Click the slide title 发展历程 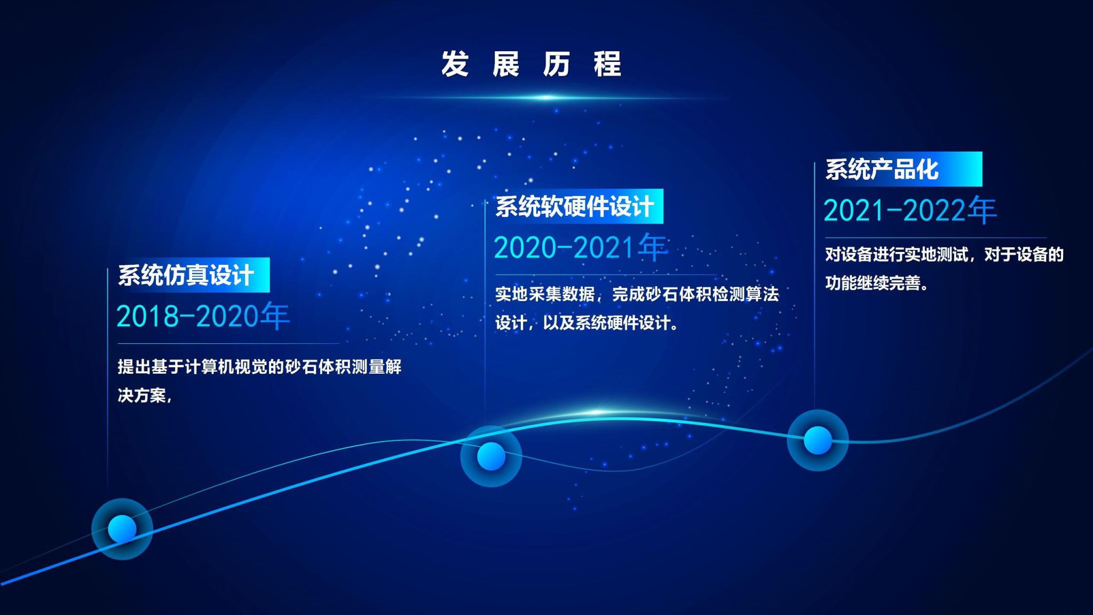click(x=531, y=64)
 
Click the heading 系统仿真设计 click(x=186, y=275)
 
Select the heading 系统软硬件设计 click(x=574, y=207)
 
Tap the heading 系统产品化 click(x=882, y=169)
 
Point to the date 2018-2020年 click(x=203, y=316)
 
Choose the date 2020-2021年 click(x=581, y=247)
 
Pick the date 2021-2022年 click(x=910, y=210)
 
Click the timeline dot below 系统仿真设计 click(x=122, y=529)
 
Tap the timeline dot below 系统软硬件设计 click(x=491, y=456)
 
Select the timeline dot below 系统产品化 click(x=818, y=440)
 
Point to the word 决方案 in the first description click(x=141, y=396)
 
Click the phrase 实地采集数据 click(x=545, y=294)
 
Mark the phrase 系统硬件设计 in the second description click(x=622, y=323)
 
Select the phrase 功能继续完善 click(x=873, y=283)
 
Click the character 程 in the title click(x=607, y=64)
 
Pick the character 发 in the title click(x=455, y=64)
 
